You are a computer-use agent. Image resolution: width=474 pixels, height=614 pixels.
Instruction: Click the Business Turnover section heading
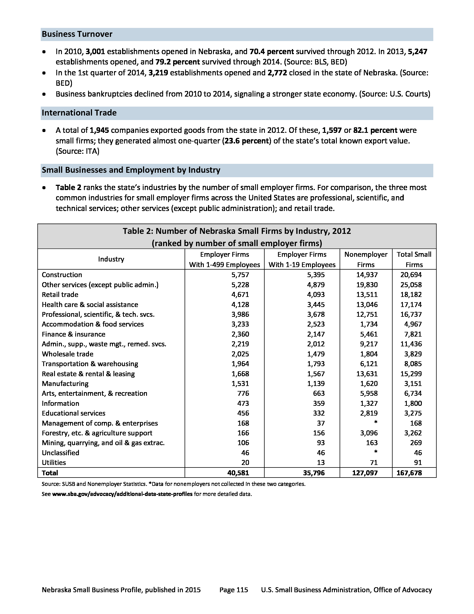click(x=77, y=34)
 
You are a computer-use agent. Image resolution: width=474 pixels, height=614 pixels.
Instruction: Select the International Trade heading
click(x=79, y=113)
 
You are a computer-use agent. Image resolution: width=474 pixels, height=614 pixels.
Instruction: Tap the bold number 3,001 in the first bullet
click(x=95, y=52)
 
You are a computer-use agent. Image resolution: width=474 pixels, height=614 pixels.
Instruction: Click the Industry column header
click(x=111, y=259)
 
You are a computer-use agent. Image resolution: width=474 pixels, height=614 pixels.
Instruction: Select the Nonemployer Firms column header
click(x=366, y=259)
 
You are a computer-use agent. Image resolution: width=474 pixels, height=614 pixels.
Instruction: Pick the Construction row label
click(x=62, y=275)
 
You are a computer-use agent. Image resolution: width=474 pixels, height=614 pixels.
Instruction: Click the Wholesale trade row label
click(x=67, y=354)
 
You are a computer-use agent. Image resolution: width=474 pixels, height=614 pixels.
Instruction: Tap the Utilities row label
click(x=54, y=462)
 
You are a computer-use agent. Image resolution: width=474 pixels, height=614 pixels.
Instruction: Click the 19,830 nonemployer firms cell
click(x=367, y=285)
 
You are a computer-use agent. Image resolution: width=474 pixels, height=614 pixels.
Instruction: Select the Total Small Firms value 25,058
click(x=411, y=285)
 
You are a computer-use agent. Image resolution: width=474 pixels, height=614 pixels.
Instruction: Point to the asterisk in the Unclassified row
click(x=376, y=452)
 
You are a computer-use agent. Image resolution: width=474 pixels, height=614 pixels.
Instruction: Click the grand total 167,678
click(x=409, y=473)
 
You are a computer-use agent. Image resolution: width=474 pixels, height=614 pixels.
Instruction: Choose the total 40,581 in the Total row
click(x=238, y=473)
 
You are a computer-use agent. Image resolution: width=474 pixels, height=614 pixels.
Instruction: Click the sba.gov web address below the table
click(x=122, y=494)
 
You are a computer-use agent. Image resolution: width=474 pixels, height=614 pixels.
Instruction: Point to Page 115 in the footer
click(x=234, y=590)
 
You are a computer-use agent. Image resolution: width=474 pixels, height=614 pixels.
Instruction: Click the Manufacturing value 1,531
click(x=240, y=383)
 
